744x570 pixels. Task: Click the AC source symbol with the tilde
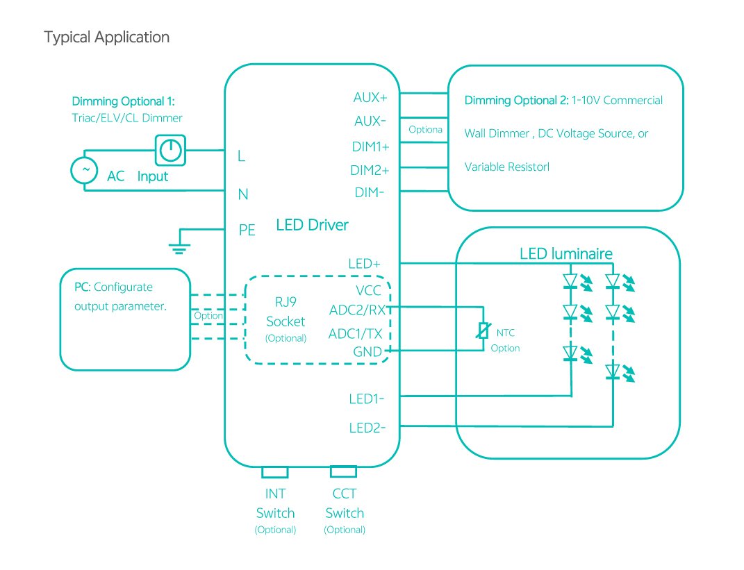click(87, 170)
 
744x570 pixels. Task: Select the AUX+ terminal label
click(370, 97)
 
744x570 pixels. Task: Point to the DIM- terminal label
click(370, 192)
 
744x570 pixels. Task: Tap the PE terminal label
click(247, 230)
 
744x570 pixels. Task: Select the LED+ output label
click(365, 264)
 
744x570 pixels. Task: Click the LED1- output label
click(367, 399)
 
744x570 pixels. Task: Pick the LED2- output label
click(367, 428)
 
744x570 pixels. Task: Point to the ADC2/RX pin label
click(357, 309)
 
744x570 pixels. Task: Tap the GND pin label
click(367, 352)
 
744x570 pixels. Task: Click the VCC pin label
click(367, 291)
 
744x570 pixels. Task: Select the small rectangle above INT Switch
click(274, 472)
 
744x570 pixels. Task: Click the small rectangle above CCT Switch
click(343, 472)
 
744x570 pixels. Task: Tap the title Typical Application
click(106, 37)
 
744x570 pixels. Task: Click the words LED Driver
click(312, 224)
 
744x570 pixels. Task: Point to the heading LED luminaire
click(566, 253)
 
